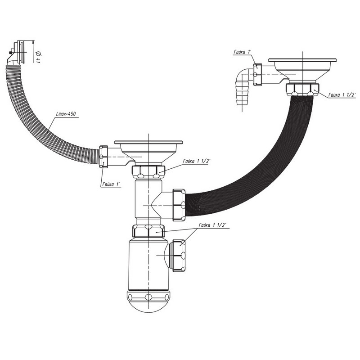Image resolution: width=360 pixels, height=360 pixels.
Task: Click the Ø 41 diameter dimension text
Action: tap(38, 57)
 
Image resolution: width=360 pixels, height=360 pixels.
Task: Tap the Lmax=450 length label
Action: tap(66, 114)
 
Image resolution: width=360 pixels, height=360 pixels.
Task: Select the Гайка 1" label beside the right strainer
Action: tap(243, 52)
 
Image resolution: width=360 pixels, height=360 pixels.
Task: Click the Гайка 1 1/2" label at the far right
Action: tap(342, 95)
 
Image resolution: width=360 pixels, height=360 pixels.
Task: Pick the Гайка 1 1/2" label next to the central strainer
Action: tap(197, 161)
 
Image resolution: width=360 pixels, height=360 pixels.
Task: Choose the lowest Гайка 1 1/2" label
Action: tap(212, 225)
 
